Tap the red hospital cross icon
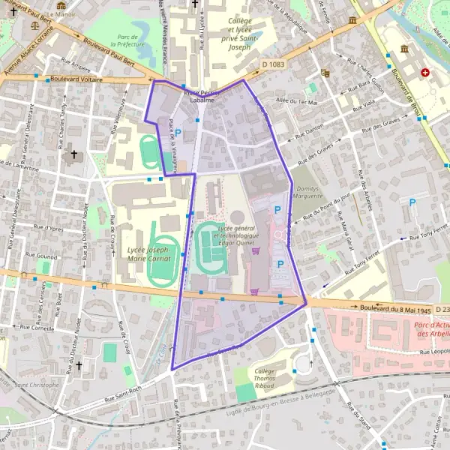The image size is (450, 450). tap(425, 73)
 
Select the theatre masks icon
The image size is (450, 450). tap(325, 73)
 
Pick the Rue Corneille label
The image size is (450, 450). tap(36, 328)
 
